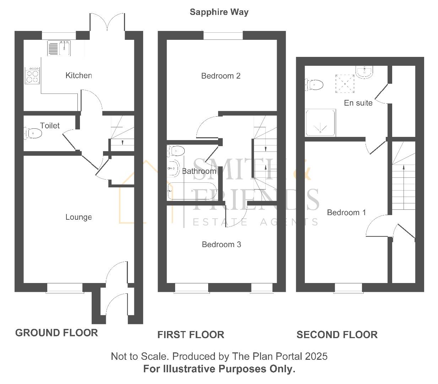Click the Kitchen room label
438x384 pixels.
[79, 75]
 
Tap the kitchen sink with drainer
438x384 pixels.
[59, 48]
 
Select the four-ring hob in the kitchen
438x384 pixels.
[32, 75]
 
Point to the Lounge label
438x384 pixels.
[79, 217]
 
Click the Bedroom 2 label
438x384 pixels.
[221, 76]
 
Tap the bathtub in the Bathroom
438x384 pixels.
[191, 191]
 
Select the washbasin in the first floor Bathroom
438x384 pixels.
[174, 168]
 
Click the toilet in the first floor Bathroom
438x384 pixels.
[176, 151]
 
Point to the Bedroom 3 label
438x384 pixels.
[221, 244]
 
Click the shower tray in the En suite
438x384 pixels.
[320, 123]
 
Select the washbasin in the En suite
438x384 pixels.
[364, 72]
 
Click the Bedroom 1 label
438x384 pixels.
[346, 212]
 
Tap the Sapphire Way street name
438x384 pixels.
[219, 12]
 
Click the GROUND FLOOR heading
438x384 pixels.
[56, 333]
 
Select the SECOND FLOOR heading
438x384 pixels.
[337, 335]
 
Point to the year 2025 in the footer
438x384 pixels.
[316, 356]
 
